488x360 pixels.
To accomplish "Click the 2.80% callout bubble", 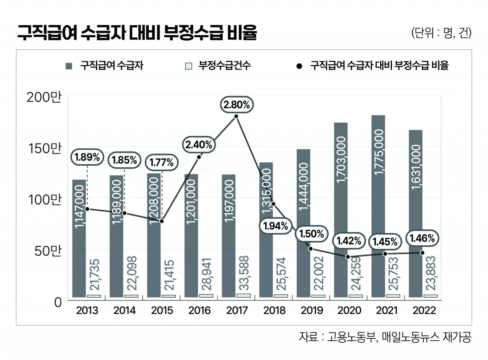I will [x=237, y=105].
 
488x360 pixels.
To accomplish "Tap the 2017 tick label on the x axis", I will [x=237, y=310].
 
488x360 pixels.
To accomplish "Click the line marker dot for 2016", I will [x=199, y=157].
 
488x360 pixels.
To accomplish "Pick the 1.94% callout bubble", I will [x=276, y=226].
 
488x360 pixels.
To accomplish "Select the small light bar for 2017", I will [x=243, y=296].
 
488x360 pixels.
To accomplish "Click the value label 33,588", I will [x=244, y=272].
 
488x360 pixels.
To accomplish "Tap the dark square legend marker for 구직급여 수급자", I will [x=69, y=66].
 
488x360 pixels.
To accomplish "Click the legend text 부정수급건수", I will [x=224, y=66].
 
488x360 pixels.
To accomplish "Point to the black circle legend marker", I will [x=299, y=66].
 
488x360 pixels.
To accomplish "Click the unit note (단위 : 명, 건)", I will [x=441, y=33].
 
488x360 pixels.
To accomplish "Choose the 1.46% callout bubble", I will [x=422, y=239].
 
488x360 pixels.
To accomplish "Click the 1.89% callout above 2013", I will [x=87, y=157].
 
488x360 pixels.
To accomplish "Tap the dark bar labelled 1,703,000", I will [x=341, y=210].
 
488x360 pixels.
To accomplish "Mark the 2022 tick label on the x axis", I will [x=424, y=310].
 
